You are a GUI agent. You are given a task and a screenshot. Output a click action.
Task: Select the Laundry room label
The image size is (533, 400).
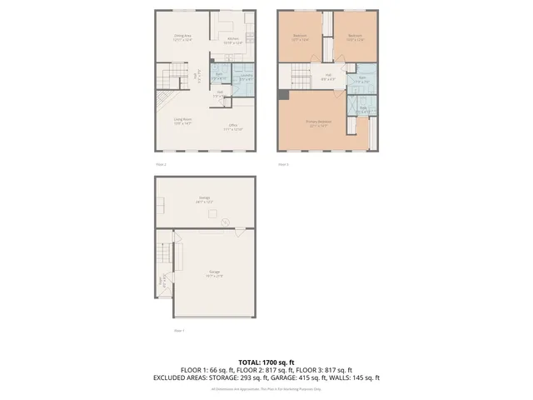(246, 77)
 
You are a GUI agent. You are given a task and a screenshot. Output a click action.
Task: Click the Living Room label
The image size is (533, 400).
(183, 121)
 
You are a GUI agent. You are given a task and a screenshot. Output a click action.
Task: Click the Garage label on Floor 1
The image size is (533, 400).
(215, 274)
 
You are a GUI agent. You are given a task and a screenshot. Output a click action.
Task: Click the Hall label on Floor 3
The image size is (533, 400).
(329, 78)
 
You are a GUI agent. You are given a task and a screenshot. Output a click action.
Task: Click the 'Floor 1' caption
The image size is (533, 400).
(178, 331)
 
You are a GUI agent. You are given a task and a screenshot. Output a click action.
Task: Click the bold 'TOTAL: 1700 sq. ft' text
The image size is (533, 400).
(266, 362)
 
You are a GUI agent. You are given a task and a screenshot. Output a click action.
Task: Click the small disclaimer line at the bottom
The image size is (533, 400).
(266, 389)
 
